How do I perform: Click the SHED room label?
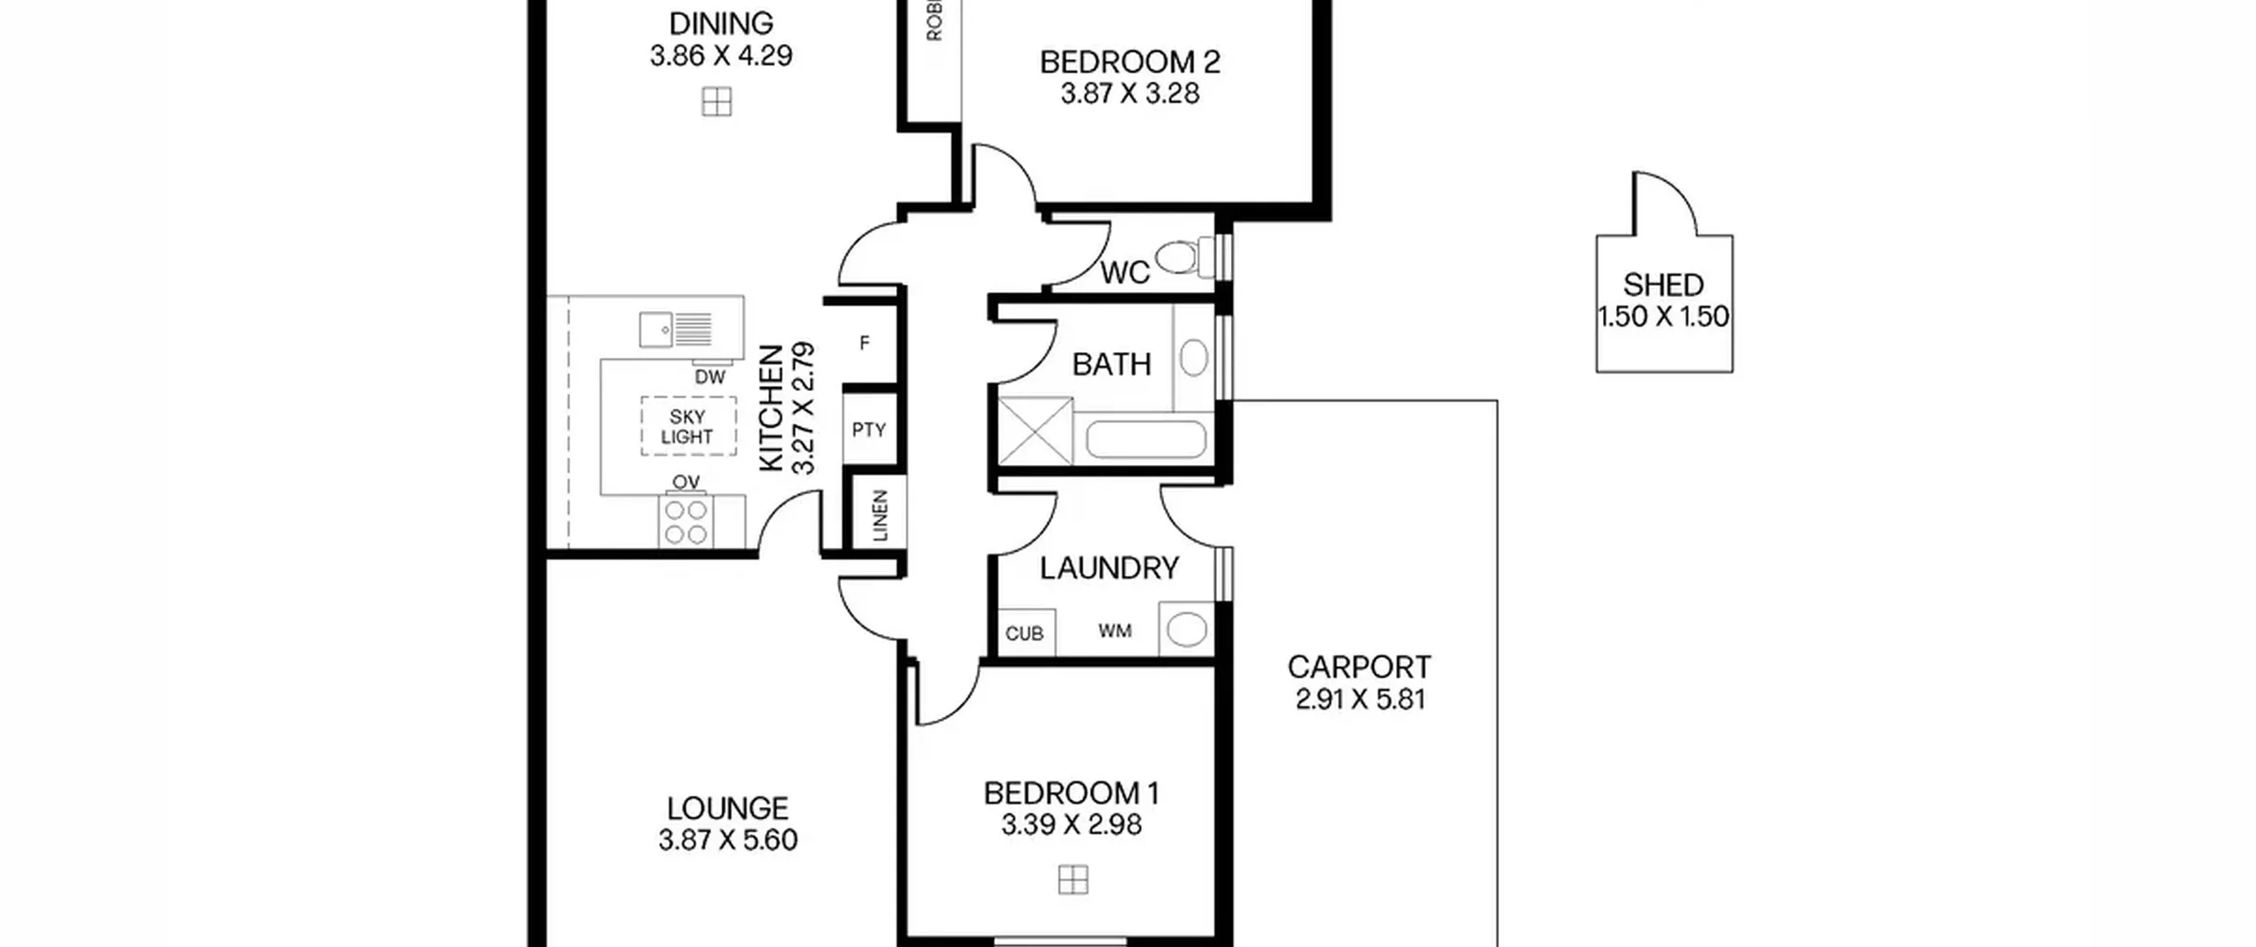click(x=1663, y=285)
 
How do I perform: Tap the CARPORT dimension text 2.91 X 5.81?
click(x=1360, y=699)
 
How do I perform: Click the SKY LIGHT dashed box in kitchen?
click(x=688, y=426)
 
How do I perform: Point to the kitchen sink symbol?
click(x=675, y=329)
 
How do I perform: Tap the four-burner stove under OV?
click(x=686, y=522)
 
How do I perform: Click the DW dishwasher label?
click(x=709, y=377)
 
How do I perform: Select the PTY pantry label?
click(x=868, y=430)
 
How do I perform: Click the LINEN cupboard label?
click(x=880, y=515)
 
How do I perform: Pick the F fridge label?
click(x=865, y=343)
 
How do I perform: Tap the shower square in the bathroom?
click(x=1035, y=431)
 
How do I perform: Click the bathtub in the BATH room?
click(x=1145, y=439)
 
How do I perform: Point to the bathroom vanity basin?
click(x=1193, y=359)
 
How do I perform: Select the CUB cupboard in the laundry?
click(x=1025, y=633)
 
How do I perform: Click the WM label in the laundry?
click(x=1115, y=631)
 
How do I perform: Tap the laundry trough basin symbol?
click(x=1186, y=630)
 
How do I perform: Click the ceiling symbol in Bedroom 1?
click(x=1072, y=879)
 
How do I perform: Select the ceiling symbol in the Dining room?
click(x=716, y=102)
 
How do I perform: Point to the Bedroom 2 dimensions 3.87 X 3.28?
click(x=1130, y=94)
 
